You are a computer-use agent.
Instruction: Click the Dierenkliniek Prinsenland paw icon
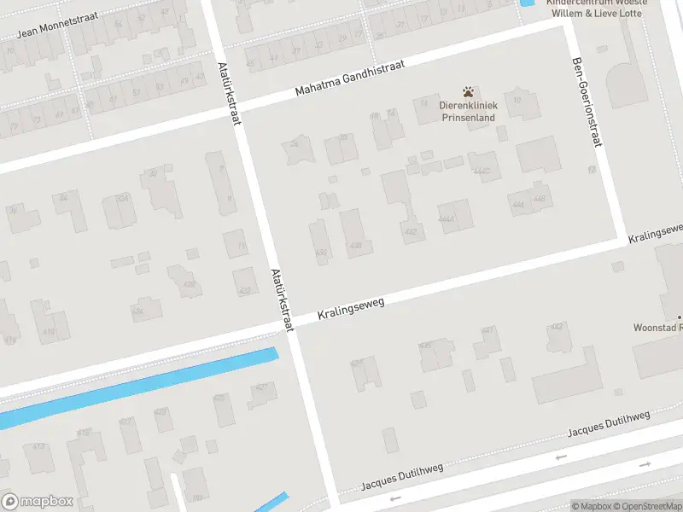(467, 91)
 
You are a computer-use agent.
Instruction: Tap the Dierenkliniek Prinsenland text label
(467, 112)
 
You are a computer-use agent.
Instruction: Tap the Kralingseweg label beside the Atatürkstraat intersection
(352, 307)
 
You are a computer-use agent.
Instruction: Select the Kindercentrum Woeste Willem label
(596, 9)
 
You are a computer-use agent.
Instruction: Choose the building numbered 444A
(456, 217)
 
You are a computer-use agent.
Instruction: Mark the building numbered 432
(245, 282)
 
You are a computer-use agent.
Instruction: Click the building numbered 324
(119, 209)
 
